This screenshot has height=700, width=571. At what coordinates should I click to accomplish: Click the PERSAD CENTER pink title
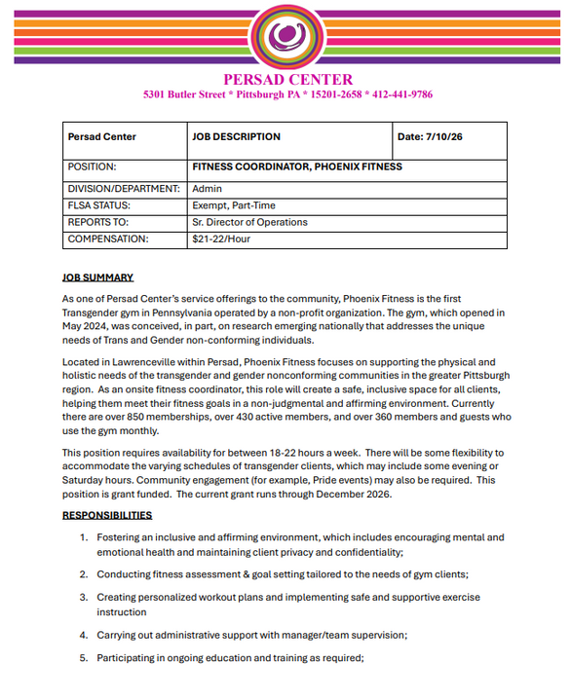(x=287, y=79)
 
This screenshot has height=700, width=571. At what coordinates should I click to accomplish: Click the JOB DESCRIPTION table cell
(x=237, y=137)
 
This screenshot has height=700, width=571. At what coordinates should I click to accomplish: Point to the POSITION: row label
(x=93, y=167)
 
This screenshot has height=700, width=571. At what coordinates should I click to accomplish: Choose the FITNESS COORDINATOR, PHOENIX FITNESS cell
(x=297, y=167)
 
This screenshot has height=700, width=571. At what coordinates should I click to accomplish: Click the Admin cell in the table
(x=208, y=188)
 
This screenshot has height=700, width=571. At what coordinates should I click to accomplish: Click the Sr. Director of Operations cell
(x=249, y=223)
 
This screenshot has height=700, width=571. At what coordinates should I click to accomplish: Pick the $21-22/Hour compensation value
(x=221, y=239)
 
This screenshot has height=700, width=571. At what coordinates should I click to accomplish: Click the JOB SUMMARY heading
(x=97, y=277)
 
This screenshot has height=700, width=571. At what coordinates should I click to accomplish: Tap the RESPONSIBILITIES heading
(x=107, y=515)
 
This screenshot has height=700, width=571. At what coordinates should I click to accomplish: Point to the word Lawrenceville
(x=138, y=361)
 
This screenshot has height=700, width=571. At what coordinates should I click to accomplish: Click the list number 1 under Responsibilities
(x=83, y=537)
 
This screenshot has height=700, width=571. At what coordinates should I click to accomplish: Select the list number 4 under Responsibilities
(x=84, y=635)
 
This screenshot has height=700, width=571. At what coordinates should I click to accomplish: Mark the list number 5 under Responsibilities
(x=84, y=658)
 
